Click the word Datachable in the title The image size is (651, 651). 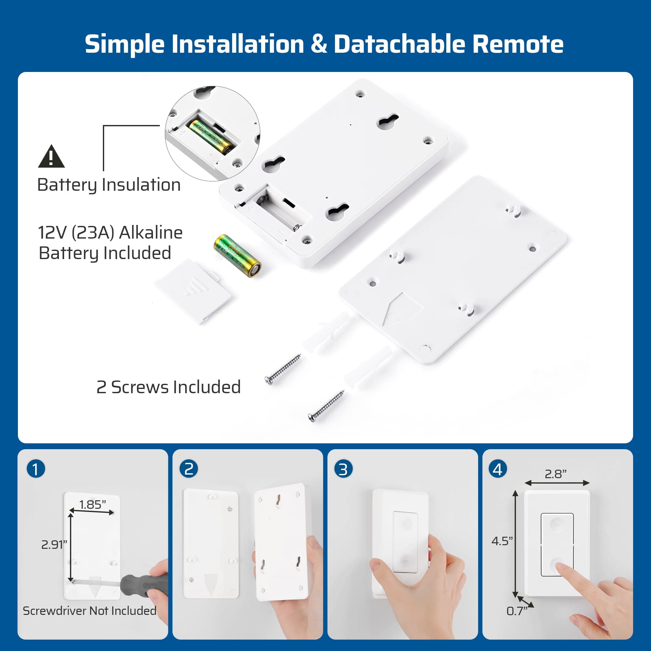pos(400,44)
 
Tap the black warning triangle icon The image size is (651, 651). pos(51,157)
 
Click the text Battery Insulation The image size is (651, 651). pos(109,185)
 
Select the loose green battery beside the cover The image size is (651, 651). pos(237,256)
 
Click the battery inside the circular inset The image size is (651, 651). pos(211,137)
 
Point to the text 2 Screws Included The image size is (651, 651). pos(169,387)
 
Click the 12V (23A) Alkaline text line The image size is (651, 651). pos(110,232)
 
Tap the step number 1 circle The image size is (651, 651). pos(36,469)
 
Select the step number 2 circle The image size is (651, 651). pos(189,469)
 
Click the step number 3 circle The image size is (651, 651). pos(343,469)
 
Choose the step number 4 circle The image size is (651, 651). pos(498,469)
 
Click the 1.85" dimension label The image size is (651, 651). pos(92,505)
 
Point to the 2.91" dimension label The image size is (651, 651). pos(54,545)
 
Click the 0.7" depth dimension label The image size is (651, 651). pos(517,611)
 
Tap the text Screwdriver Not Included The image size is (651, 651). pos(90,611)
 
